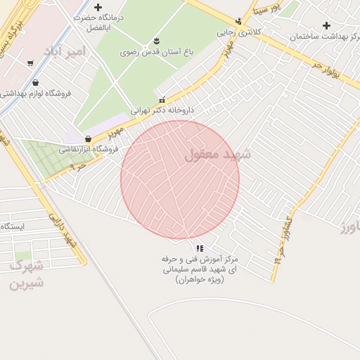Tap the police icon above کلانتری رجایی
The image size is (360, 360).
tap(239, 21)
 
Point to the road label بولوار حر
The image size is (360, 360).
tap(328, 72)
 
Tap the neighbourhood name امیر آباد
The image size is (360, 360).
tap(64, 51)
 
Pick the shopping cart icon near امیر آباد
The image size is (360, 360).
tap(30, 64)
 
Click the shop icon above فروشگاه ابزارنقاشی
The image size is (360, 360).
tap(88, 139)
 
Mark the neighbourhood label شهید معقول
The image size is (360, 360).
tap(218, 154)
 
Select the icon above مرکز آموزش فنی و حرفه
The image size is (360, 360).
tap(200, 248)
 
